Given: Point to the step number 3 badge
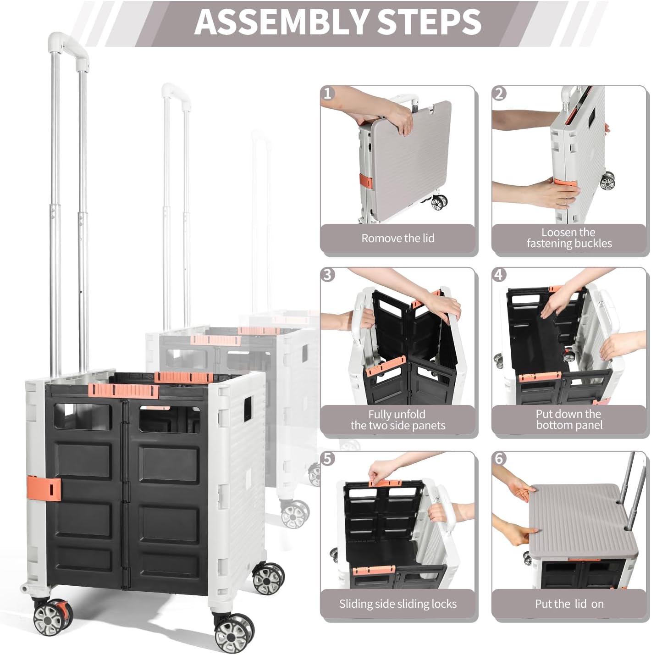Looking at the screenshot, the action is point(327,275).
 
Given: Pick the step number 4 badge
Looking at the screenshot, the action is point(499,275).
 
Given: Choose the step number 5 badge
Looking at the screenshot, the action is point(327,459).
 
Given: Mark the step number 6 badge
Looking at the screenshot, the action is point(499,459).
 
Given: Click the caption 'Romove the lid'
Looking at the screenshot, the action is point(398,238).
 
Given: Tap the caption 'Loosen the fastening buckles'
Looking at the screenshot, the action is point(569,238).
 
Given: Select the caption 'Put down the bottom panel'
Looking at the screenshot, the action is point(569,419).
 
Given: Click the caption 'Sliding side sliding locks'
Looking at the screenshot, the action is point(398,604).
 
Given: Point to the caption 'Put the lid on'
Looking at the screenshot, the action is point(569,604).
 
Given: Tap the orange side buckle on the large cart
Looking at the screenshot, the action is point(44,488).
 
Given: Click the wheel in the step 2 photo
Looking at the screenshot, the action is point(607,181).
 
